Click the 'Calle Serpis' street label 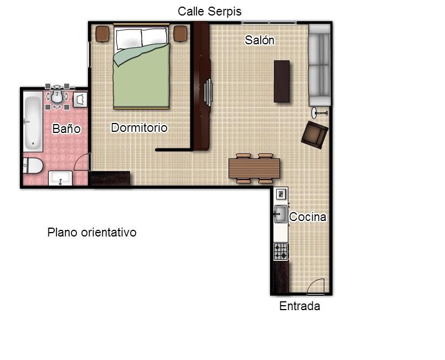(x=209, y=12)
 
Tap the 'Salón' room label (x=260, y=40)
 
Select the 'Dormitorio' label (x=139, y=127)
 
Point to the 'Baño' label (x=66, y=128)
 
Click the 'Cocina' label (x=308, y=217)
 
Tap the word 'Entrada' (x=299, y=306)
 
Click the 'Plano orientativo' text (x=92, y=232)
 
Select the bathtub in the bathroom (x=33, y=121)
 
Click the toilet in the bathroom (x=33, y=166)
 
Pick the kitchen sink (x=281, y=214)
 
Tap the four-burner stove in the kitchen (x=281, y=251)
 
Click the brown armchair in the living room (x=315, y=135)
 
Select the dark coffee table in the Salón (x=282, y=81)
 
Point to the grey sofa (x=319, y=65)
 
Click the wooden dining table (x=254, y=168)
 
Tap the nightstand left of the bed (x=102, y=34)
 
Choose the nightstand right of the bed (x=180, y=34)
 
